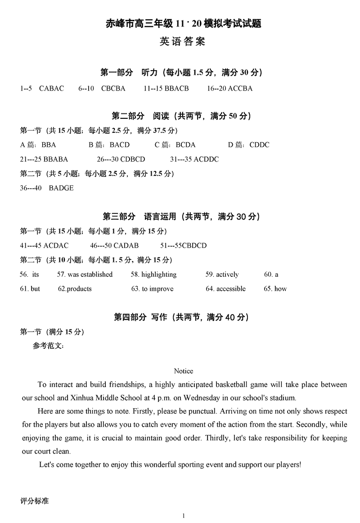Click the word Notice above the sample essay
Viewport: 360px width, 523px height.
click(183, 371)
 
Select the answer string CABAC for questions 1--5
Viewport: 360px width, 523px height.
click(52, 88)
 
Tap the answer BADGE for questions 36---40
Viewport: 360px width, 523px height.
click(61, 188)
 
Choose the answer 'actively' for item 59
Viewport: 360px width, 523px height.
click(227, 274)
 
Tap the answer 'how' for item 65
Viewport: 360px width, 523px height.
click(280, 289)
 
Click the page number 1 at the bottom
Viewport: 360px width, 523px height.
click(184, 516)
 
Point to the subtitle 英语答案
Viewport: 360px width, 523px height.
click(183, 42)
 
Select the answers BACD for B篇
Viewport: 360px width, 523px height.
click(120, 145)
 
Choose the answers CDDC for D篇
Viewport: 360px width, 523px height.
click(259, 145)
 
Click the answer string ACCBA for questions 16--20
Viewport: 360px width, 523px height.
click(240, 88)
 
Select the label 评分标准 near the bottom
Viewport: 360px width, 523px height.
click(35, 500)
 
